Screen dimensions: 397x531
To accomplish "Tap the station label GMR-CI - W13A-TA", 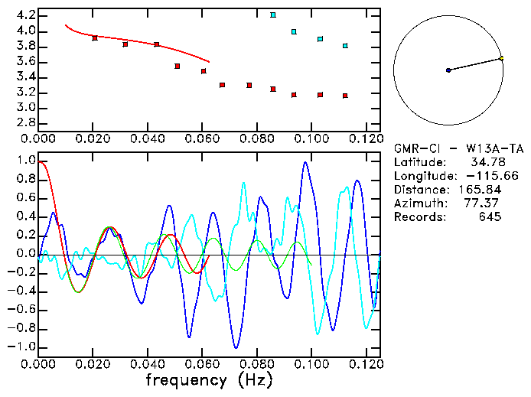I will pos(447,148).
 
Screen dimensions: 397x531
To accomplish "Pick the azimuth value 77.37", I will pos(485,203).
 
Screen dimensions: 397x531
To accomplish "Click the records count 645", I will pos(490,217).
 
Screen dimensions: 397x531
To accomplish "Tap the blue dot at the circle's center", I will pos(448,70).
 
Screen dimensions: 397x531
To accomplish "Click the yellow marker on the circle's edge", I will pos(501,58).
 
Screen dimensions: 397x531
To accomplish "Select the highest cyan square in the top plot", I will pos(273,15).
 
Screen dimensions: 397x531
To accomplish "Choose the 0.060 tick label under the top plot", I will pos(203,138).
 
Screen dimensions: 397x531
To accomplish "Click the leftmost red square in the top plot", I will pos(95,37).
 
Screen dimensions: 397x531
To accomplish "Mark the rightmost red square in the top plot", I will pos(345,96).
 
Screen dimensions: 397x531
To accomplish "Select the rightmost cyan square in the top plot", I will pos(345,46).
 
